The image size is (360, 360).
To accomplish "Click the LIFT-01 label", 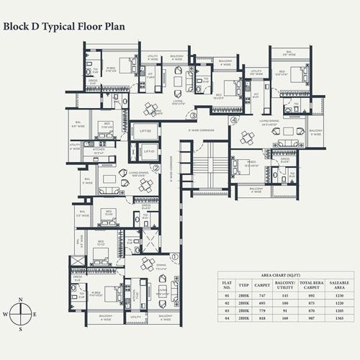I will pyautogui.click(x=148, y=152).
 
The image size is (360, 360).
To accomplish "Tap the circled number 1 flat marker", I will pyautogui.click(x=174, y=256).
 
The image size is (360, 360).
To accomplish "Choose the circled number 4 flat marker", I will pyautogui.click(x=233, y=120).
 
